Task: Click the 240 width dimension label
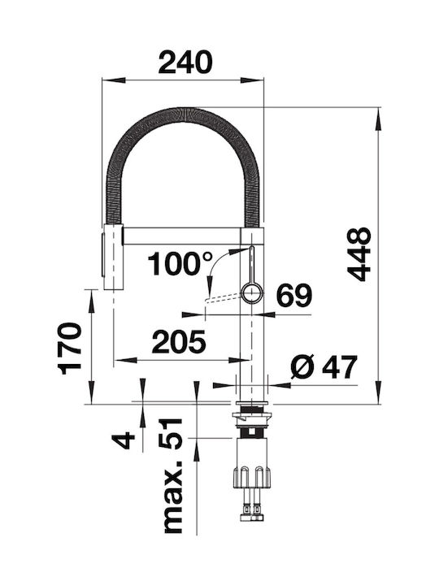click(185, 62)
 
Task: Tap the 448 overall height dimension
click(359, 253)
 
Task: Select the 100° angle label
click(180, 263)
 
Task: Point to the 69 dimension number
click(293, 295)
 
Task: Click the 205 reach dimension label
click(179, 342)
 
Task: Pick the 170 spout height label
click(69, 349)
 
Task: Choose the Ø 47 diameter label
click(324, 367)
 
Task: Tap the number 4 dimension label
click(124, 440)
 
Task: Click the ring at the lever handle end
click(252, 293)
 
